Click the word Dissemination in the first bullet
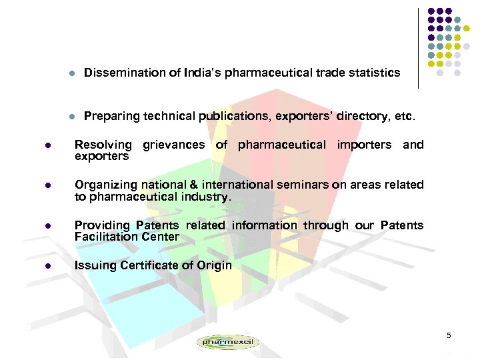pos(119,72)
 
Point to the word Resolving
pos(103,145)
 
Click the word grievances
pos(175,145)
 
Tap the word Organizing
pos(105,185)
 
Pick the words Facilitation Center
pos(127,237)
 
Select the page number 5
pos(449,334)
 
